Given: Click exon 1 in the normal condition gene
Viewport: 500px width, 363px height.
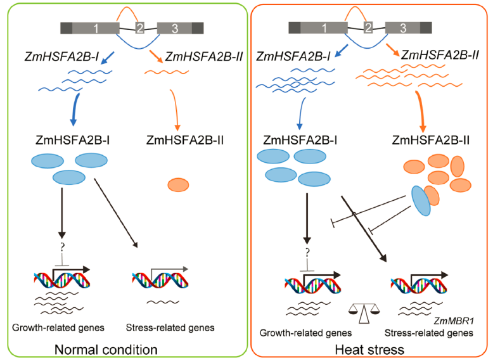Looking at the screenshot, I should tap(95, 28).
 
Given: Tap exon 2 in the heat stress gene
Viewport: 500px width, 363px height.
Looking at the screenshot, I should tap(368, 27).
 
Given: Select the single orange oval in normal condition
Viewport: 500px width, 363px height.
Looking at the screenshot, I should tap(178, 184).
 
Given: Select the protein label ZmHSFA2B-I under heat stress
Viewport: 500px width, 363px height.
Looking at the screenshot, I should tap(296, 140).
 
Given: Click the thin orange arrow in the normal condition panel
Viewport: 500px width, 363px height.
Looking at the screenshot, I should tap(176, 108).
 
